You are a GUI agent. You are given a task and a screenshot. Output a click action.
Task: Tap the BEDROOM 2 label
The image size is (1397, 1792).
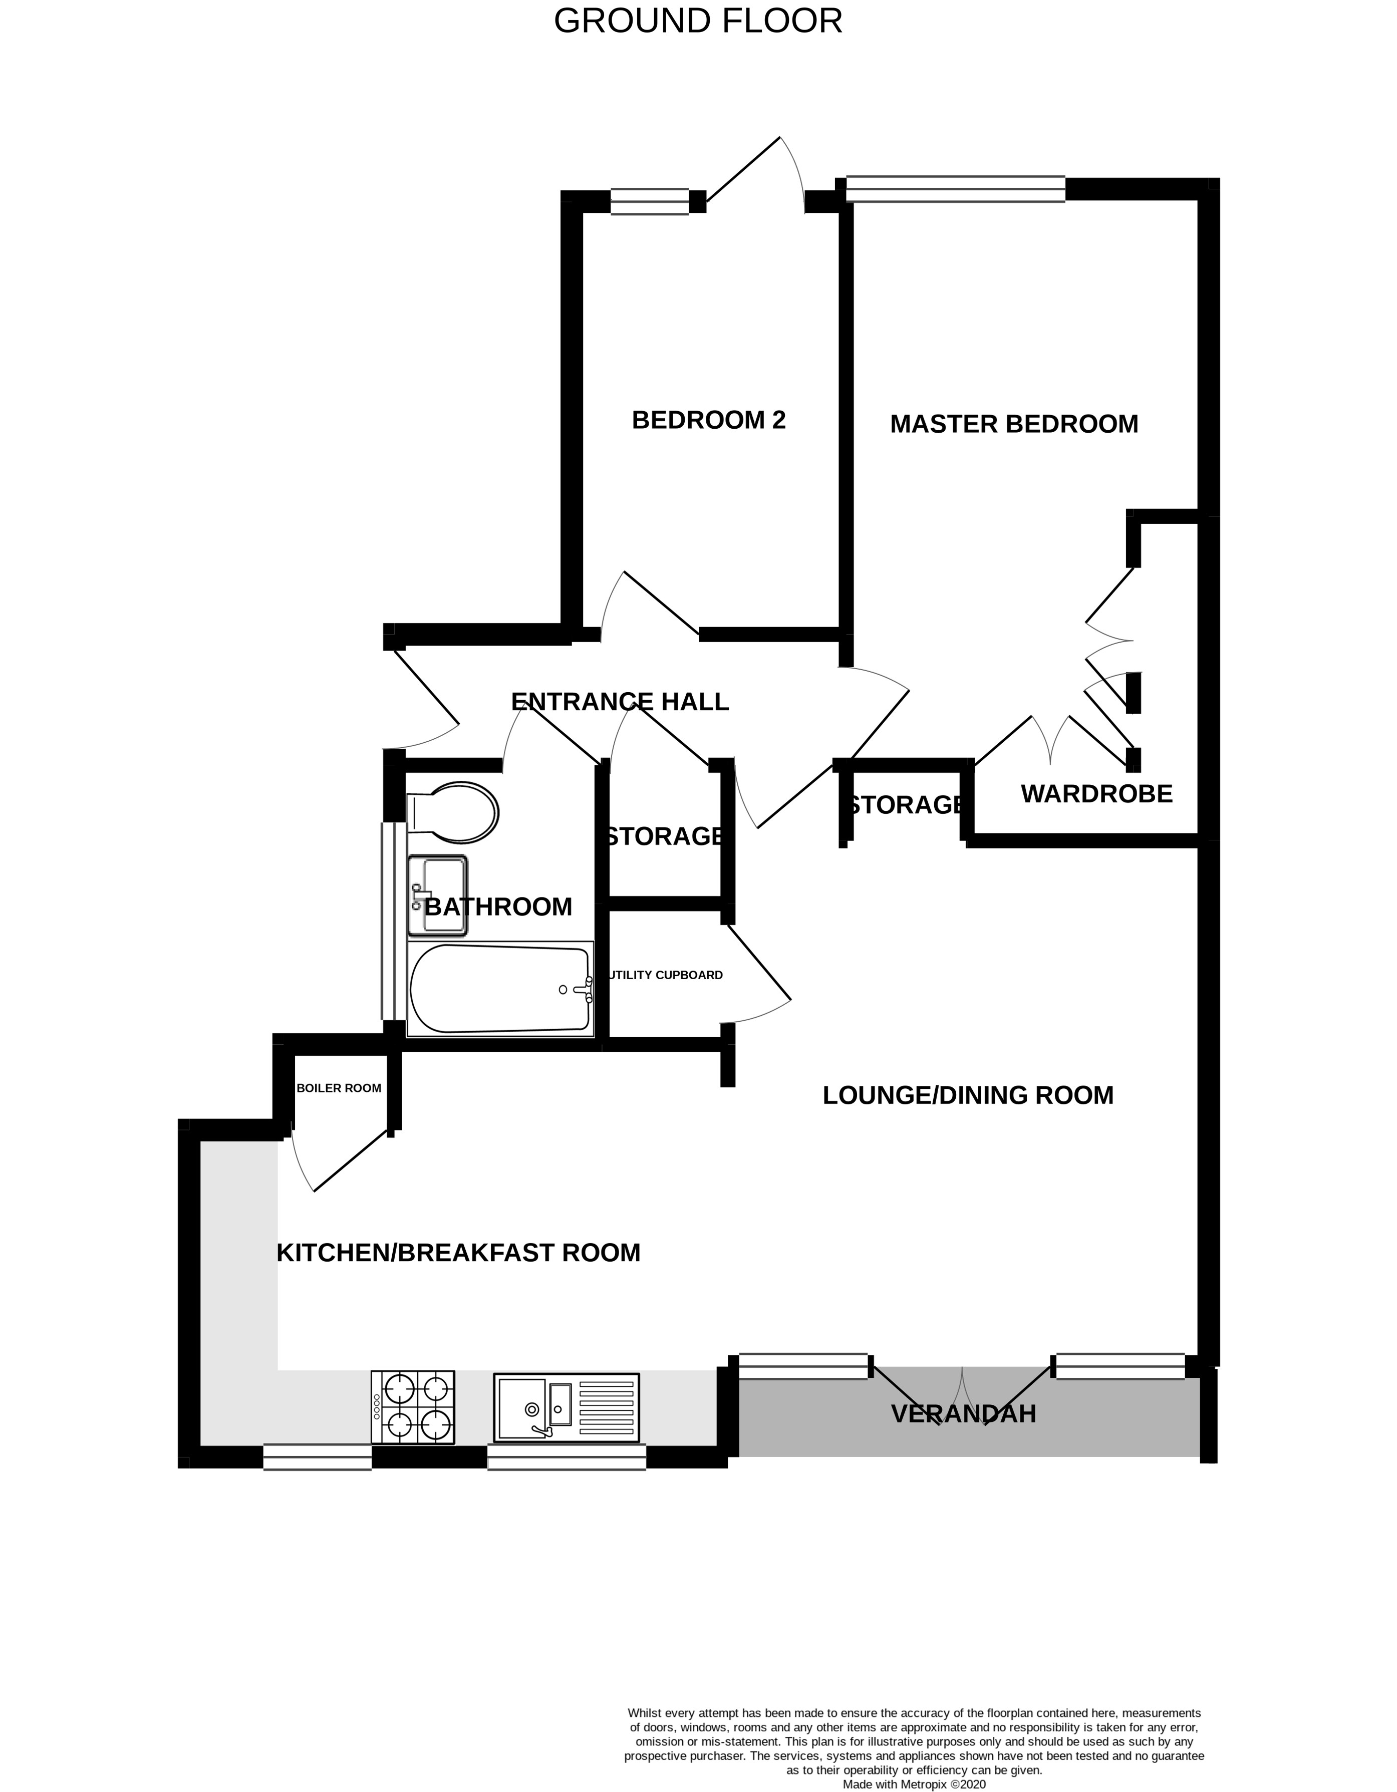pyautogui.click(x=708, y=420)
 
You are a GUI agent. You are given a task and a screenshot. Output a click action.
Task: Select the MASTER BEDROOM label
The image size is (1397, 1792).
pyautogui.click(x=1014, y=424)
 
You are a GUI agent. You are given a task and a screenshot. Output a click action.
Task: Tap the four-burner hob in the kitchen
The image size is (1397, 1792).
pyautogui.click(x=413, y=1407)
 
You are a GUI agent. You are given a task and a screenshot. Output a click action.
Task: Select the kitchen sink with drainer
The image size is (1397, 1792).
pyautogui.click(x=567, y=1408)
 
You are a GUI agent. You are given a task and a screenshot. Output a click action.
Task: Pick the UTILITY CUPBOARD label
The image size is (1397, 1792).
pyautogui.click(x=666, y=975)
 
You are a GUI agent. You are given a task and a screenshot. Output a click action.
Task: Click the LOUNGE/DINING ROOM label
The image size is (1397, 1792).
pyautogui.click(x=968, y=1095)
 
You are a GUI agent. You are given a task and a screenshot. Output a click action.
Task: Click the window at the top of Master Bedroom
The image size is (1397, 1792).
pyautogui.click(x=955, y=189)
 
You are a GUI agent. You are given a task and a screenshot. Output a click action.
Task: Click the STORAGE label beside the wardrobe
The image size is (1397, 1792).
pyautogui.click(x=905, y=805)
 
